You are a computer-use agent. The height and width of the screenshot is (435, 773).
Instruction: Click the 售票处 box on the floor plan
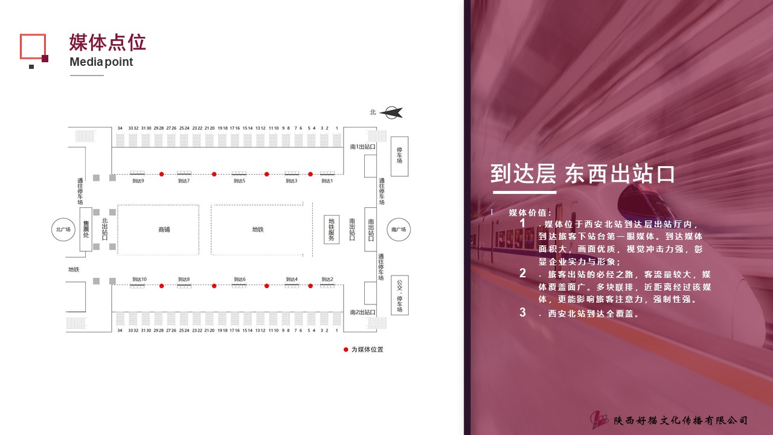pos(86,229)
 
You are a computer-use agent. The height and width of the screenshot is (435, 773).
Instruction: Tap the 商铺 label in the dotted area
pos(164,230)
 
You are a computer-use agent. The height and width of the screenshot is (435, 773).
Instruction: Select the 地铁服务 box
pos(331,230)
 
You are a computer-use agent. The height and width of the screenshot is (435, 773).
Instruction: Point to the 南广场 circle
pos(399,229)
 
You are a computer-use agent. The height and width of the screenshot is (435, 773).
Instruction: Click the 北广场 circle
pos(63,229)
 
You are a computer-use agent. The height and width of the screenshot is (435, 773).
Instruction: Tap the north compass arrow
pos(392,112)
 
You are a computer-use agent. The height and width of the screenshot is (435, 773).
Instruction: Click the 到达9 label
pos(138,181)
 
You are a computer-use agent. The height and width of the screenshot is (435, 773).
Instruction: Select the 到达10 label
pos(140,279)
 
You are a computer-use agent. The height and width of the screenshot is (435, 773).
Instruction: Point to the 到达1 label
pos(327,181)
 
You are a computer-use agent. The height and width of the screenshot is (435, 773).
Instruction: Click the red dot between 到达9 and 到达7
pos(161,174)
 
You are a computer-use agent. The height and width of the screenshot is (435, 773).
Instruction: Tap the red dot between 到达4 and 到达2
pos(310,286)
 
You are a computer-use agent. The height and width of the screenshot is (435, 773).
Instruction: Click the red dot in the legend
pos(345,349)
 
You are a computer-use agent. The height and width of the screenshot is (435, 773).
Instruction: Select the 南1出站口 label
pos(362,147)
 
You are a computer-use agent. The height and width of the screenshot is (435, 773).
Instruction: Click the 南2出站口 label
pos(362,312)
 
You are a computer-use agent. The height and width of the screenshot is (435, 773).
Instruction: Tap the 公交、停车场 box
pos(399,295)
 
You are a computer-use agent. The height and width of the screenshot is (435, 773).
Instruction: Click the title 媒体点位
pos(107,43)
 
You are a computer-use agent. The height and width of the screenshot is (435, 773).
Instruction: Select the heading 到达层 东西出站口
pos(582,174)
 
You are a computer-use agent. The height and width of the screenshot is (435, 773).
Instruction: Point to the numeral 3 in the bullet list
pos(523,312)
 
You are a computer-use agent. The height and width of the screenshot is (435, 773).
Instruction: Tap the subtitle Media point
pos(101,62)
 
